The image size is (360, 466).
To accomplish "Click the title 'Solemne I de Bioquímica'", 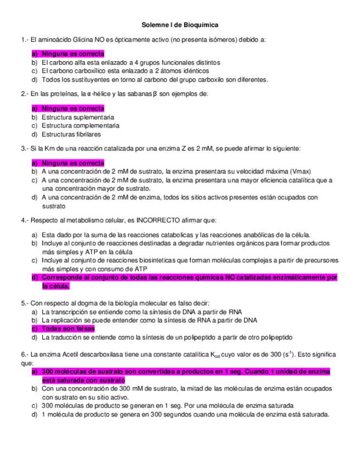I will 180,25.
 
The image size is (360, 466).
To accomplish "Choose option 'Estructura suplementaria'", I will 77,118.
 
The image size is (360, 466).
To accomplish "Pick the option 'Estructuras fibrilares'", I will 71,134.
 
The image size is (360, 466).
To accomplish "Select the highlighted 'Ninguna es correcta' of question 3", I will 73,163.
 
